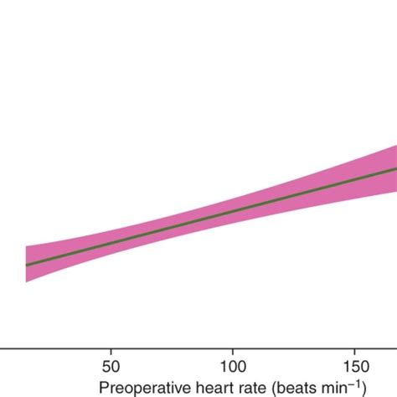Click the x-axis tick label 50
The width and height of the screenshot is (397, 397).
110,366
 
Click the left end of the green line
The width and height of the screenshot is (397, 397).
27,265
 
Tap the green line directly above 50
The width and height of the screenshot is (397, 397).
110,243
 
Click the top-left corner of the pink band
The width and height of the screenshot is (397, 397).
27,246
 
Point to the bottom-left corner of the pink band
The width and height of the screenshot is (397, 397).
27,283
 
